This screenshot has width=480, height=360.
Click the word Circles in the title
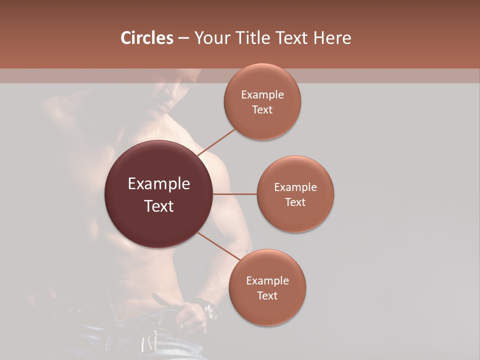click(146, 38)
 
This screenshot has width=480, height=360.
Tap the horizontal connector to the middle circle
click(235, 194)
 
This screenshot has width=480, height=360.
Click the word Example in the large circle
click(159, 184)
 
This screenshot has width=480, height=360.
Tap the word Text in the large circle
click(159, 206)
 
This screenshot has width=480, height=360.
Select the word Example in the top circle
click(262, 95)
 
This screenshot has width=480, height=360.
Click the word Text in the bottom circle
click(267, 295)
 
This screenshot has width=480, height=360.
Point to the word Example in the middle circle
click(295, 187)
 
